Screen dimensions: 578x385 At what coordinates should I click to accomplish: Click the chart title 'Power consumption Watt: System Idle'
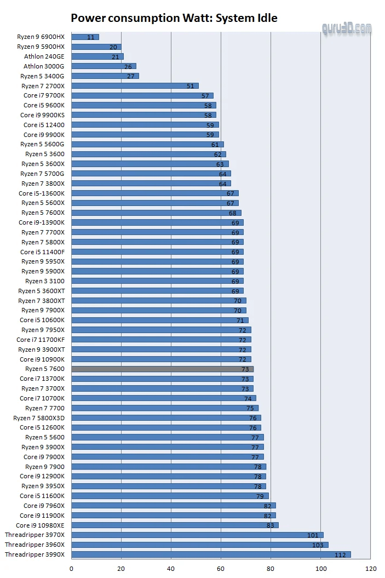click(174, 18)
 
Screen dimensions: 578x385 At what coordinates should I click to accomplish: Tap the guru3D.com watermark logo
click(347, 29)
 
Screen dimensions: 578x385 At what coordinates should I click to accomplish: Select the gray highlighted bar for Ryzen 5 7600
click(162, 369)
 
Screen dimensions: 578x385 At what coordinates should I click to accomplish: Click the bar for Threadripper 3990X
click(211, 554)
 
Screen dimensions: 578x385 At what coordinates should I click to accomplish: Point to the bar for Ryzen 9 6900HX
click(85, 37)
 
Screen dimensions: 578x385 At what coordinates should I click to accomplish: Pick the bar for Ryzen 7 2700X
click(135, 86)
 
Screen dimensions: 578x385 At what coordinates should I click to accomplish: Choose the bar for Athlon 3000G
click(104, 66)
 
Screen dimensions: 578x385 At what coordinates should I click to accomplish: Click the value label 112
click(340, 555)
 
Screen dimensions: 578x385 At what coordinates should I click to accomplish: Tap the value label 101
click(313, 535)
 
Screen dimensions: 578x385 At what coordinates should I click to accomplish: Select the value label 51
click(190, 86)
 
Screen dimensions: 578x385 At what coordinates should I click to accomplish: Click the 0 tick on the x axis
click(71, 569)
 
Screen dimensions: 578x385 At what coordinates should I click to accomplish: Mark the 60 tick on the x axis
click(221, 569)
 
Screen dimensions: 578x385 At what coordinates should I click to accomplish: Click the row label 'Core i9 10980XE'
click(40, 525)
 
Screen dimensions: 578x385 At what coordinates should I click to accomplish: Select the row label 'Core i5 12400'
click(44, 125)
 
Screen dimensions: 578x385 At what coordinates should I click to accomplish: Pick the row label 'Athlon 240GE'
click(44, 56)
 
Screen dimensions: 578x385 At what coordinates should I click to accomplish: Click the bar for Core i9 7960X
click(173, 506)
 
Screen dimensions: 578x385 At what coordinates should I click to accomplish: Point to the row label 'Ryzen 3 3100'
click(45, 281)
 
